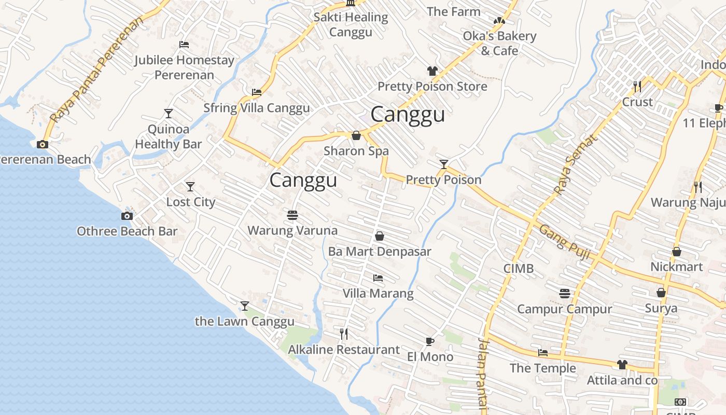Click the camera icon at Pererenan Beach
pos(43,144)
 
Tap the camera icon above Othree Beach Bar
pos(127,216)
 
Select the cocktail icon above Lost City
pos(190,186)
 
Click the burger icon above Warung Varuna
pos(292,215)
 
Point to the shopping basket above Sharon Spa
pos(356,135)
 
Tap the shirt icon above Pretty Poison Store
pos(432,71)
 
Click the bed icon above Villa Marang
pos(378,278)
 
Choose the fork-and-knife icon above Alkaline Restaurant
pos(344,334)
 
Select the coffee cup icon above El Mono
pos(429,341)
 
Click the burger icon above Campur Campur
pos(565,294)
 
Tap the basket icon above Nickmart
pos(677,252)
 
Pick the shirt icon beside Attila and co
pos(622,365)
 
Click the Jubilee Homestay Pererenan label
pos(184,67)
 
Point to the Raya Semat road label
pos(575,164)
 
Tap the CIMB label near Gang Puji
pos(519,269)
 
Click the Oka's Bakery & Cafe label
pos(499,43)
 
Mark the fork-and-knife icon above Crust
pos(637,86)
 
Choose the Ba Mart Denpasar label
pos(380,252)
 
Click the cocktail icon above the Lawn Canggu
pos(245,306)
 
